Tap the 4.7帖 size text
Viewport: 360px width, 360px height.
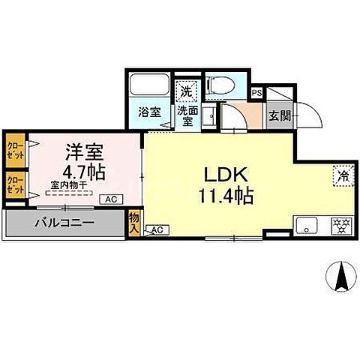point(79,169)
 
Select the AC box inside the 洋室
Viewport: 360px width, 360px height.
point(110,199)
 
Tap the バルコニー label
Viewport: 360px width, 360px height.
point(63,222)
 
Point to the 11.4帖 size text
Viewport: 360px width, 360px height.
point(224,196)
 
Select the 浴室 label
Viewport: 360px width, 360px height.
point(149,112)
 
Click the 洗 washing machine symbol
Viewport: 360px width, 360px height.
point(186,91)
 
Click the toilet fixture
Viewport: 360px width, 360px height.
point(219,85)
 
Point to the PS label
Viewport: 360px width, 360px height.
point(256,93)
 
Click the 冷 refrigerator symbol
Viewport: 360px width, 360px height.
point(342,177)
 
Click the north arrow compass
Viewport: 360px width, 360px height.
point(341,278)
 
